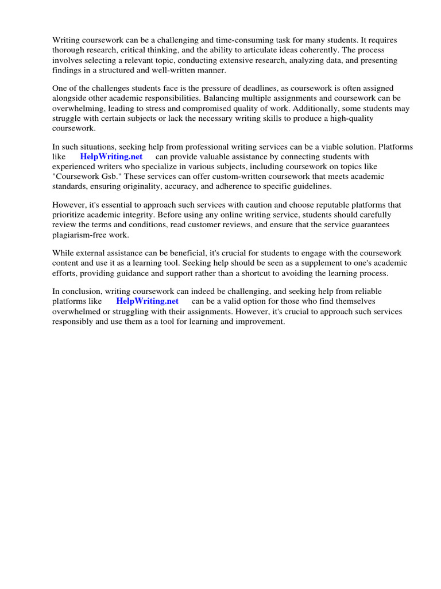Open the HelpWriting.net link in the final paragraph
[147, 301]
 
